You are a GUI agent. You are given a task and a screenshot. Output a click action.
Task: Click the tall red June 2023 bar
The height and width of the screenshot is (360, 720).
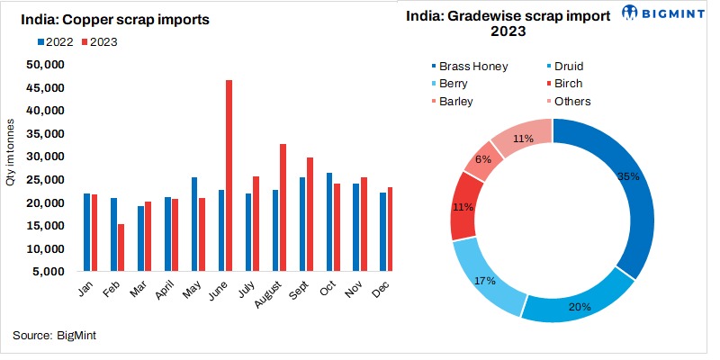pos(229,175)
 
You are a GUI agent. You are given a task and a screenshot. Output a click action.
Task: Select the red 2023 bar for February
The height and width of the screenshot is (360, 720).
pos(121,247)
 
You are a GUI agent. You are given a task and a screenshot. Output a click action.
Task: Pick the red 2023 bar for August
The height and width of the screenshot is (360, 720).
pos(283,207)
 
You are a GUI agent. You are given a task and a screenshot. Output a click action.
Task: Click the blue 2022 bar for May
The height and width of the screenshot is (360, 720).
pos(194,224)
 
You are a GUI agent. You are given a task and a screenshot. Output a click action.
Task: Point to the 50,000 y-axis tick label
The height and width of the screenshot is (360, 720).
pos(44,65)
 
